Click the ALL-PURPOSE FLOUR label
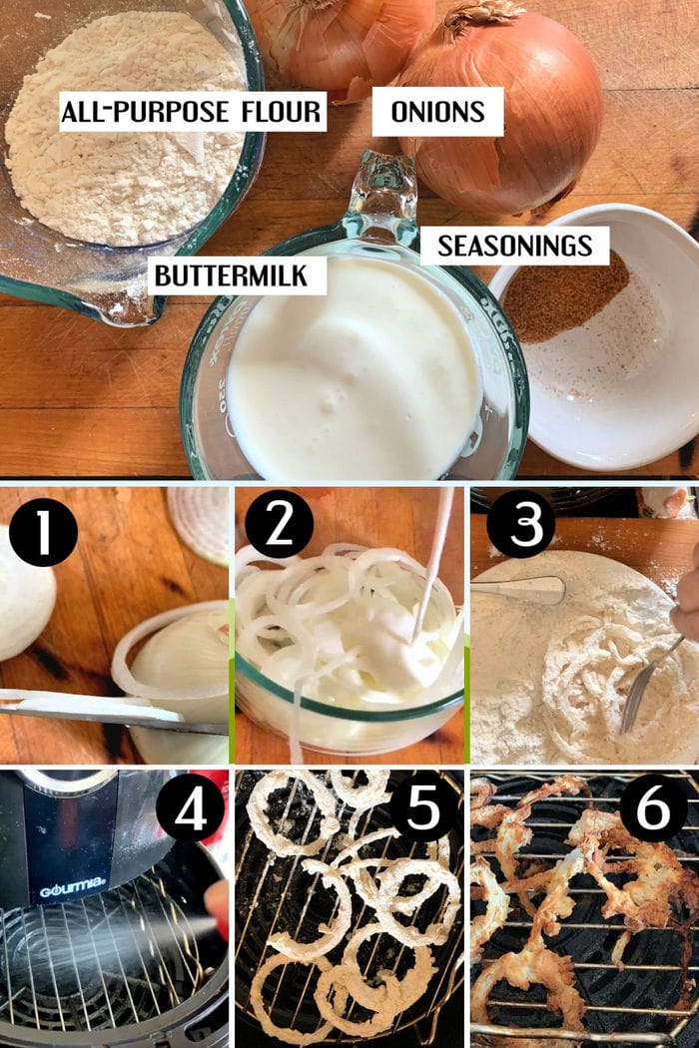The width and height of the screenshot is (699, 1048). [x=193, y=112]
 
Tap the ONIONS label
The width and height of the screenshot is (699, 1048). [x=437, y=112]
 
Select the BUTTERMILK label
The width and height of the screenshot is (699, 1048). [x=231, y=274]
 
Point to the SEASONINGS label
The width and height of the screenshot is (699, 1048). [x=514, y=246]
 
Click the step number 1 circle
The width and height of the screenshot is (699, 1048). [x=43, y=533]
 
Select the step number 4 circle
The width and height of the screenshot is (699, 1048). [x=190, y=809]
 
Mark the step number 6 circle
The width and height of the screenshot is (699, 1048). [x=653, y=808]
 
